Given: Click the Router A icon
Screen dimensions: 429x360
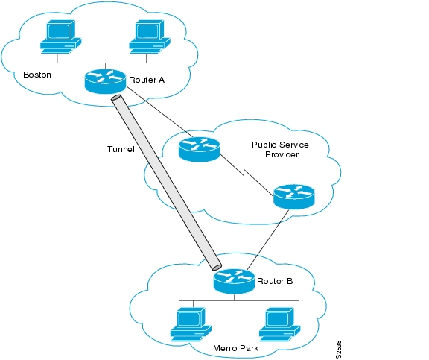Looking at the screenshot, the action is tap(105, 81).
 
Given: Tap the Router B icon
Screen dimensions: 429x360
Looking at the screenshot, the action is tap(234, 281).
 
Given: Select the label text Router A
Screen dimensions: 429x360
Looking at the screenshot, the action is tap(147, 80).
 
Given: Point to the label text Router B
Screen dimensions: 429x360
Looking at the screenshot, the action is tap(275, 281).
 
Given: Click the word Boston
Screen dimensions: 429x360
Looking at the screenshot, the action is tap(37, 75).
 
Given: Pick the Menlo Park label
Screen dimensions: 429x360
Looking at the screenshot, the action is tap(235, 348).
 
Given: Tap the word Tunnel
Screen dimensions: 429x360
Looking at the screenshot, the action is tap(121, 149).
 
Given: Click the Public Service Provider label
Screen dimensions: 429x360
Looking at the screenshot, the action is tap(281, 150).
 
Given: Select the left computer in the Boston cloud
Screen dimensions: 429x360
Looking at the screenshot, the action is tap(61, 37).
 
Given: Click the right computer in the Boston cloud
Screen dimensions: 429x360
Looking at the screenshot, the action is tap(150, 37).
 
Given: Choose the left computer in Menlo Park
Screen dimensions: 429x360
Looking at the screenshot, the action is tap(191, 324).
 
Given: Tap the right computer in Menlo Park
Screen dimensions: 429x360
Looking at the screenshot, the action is tap(279, 324).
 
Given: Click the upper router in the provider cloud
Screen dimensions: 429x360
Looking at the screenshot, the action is tap(199, 149).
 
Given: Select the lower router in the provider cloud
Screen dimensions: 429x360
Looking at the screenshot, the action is tap(294, 197).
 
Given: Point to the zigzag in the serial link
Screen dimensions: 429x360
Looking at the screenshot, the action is tap(244, 173).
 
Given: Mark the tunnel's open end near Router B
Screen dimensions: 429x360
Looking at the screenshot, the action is tap(217, 267).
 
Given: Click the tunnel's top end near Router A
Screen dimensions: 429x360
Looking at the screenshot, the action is tap(116, 98).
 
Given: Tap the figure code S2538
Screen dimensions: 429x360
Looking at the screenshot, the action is tap(338, 350).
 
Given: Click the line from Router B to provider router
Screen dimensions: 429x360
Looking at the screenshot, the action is tap(268, 239).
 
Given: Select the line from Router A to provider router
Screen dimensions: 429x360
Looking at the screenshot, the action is tap(159, 113).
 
